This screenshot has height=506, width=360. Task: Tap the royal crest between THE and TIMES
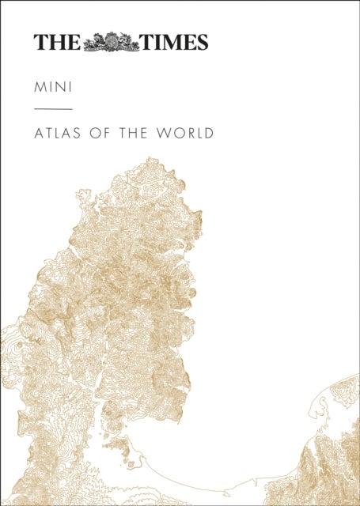[x=111, y=42]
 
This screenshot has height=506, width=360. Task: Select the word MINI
[x=51, y=83]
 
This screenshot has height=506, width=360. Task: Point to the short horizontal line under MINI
[x=53, y=108]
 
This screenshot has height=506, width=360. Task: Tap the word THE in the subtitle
[x=140, y=133]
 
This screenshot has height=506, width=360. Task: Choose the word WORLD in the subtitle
[x=188, y=133]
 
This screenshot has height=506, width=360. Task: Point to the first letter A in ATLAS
[x=39, y=133]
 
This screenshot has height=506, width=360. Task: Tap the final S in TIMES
[x=201, y=43]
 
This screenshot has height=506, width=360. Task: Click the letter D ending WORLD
[x=209, y=133]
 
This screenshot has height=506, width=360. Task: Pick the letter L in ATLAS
[x=60, y=133]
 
